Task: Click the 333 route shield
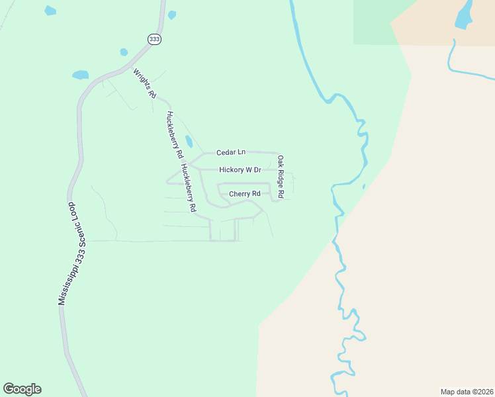click(x=155, y=40)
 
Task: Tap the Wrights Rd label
click(x=144, y=83)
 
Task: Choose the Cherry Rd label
click(x=245, y=194)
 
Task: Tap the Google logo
click(x=22, y=389)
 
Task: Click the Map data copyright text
click(x=466, y=391)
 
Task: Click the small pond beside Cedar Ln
click(x=189, y=142)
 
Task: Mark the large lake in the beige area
click(x=465, y=15)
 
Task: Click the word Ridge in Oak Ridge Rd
click(x=280, y=177)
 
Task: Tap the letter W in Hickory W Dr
click(x=248, y=170)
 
